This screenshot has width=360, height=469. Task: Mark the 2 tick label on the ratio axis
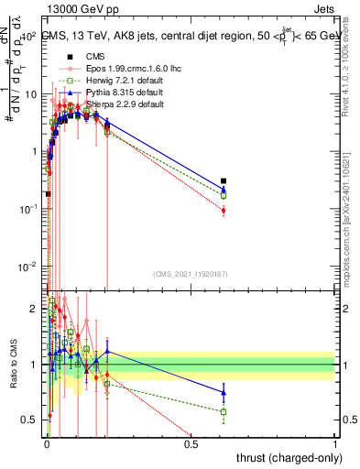point(37,309)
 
